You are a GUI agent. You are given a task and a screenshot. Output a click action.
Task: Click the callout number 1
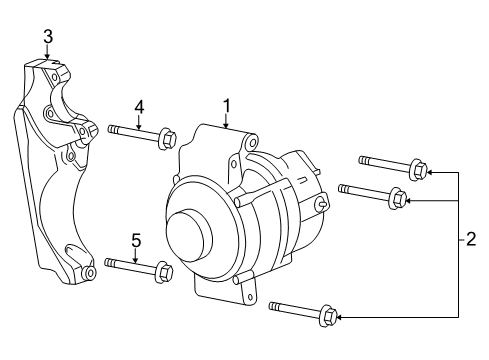(227, 104)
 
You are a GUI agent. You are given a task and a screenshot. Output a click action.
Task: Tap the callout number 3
(48, 37)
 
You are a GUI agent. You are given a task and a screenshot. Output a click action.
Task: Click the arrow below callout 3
(48, 55)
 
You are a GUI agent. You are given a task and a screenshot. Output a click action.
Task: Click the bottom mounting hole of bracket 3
(90, 272)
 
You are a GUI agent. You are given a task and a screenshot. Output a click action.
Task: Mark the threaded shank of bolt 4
(130, 129)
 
